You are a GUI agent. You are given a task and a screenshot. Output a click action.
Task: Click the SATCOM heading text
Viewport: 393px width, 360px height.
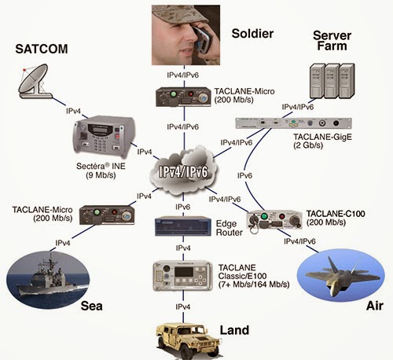pos(42,49)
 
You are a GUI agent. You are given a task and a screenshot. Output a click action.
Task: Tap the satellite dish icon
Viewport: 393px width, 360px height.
pos(34,81)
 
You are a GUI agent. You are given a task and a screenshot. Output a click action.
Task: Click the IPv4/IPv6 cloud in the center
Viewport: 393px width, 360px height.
pos(183,171)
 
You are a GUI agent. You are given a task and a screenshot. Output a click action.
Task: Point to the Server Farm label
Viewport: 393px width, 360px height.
pos(332,41)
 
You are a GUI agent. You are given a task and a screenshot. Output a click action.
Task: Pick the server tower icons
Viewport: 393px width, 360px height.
pos(332,81)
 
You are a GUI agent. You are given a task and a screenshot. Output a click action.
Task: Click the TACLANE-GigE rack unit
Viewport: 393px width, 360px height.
pos(293,123)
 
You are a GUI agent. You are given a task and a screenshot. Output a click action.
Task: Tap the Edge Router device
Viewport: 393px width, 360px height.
pos(183,226)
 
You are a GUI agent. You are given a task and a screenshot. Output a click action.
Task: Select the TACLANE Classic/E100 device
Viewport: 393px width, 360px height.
pos(182,276)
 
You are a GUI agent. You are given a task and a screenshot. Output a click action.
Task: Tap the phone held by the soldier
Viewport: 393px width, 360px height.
pos(202,39)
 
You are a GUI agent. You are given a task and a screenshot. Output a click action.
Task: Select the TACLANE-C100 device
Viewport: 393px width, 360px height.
pos(274,219)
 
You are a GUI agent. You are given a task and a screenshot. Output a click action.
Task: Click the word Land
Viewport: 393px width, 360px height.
pos(234,330)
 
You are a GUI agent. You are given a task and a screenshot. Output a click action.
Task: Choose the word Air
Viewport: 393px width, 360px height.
pos(375,306)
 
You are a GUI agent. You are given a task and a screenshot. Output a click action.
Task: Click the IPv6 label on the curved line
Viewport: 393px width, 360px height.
pos(244,175)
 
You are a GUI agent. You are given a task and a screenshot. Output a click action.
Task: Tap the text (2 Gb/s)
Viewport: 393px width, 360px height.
pos(308,145)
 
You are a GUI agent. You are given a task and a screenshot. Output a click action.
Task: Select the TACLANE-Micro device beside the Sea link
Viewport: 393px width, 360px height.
pos(107,215)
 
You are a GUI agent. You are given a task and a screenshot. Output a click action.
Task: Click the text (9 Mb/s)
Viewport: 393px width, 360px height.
pos(101,175)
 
